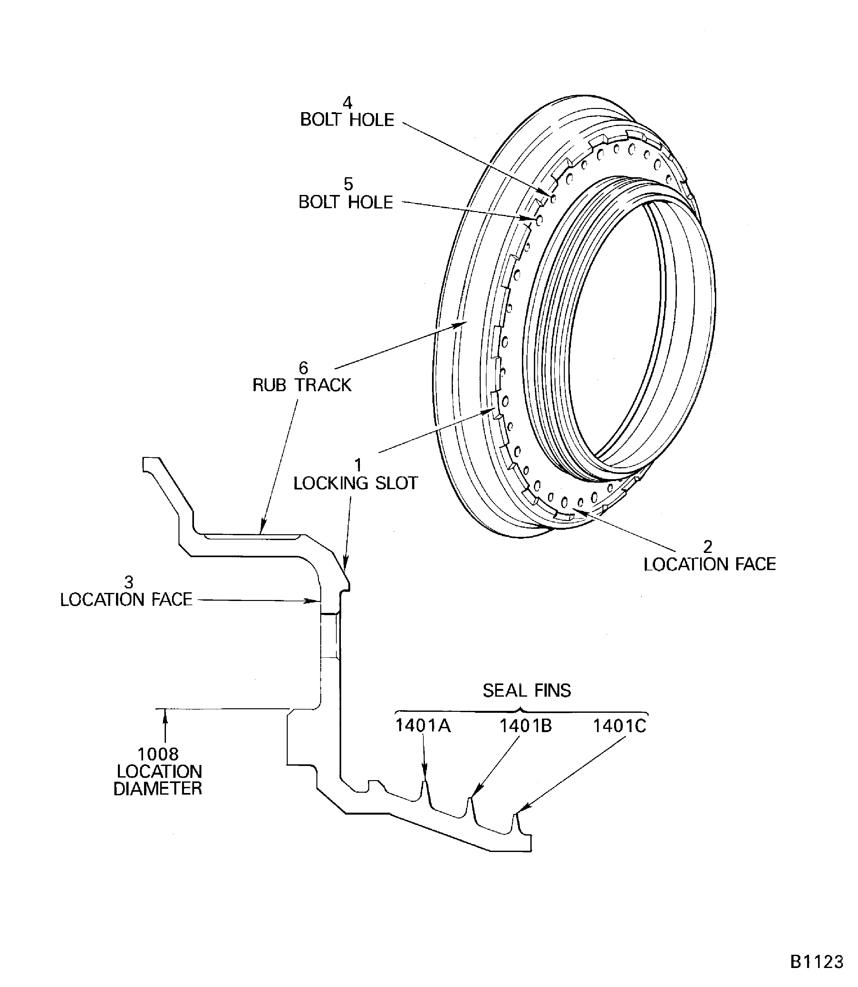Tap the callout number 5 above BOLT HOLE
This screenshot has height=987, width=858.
point(348,184)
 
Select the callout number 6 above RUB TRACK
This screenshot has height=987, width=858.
point(303,368)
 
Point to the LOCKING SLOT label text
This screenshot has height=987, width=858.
point(355,483)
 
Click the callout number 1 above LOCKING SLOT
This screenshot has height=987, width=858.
point(358,465)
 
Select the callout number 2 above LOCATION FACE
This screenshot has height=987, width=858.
point(708,547)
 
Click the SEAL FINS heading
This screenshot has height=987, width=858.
point(527,690)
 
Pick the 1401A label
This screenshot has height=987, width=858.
point(423,726)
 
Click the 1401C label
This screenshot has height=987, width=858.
point(620,726)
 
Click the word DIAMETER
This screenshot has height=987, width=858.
point(158,788)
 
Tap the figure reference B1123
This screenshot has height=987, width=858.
point(817,962)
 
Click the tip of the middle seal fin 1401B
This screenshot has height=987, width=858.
point(470,798)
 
